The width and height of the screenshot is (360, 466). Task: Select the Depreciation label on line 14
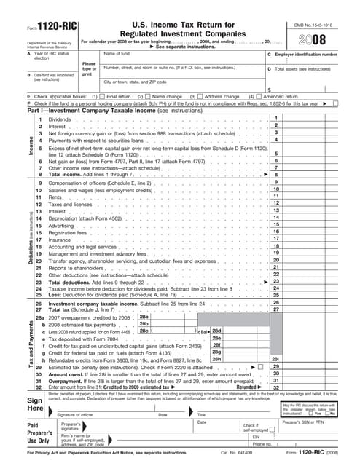[x=65, y=217]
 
